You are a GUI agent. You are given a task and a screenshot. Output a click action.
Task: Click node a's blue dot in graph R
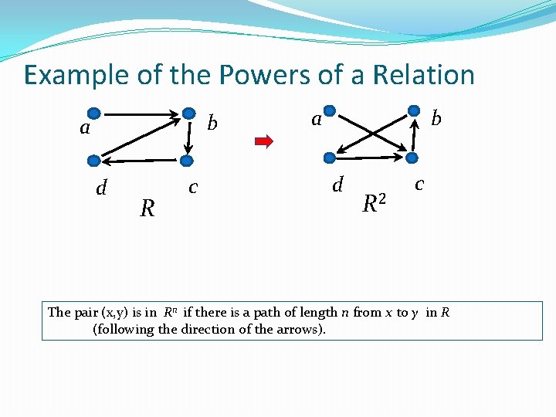[93, 112]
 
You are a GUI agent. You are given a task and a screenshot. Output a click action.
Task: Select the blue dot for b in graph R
[186, 112]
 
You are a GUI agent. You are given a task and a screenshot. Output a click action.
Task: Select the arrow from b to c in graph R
[186, 137]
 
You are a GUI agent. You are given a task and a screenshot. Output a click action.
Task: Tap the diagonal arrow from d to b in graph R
[139, 137]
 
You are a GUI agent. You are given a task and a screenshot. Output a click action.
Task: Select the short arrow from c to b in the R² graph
[415, 135]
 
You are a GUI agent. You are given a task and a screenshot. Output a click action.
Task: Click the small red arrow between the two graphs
[264, 141]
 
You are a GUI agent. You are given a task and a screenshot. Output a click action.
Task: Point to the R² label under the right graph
[374, 203]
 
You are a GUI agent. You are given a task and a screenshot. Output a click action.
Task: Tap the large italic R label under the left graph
[147, 208]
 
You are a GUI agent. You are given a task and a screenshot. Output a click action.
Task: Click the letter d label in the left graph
[100, 188]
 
